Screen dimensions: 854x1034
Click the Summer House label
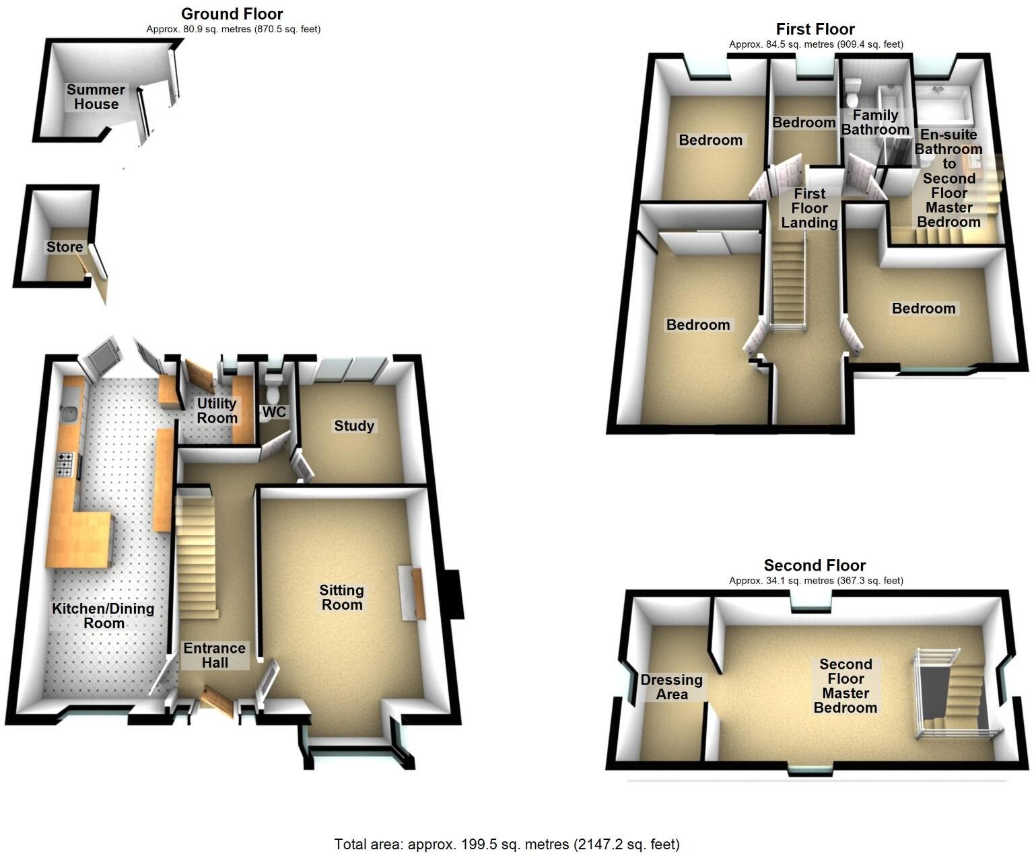point(96,97)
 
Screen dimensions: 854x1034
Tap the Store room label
point(65,247)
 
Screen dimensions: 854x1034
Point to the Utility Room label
point(217,411)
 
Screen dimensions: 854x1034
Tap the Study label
point(354,426)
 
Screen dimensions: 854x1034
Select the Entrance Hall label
point(215,655)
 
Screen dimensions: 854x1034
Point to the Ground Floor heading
point(232,13)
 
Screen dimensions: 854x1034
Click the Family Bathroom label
point(875,122)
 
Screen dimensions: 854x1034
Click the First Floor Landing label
point(809,208)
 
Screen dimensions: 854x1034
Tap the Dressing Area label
point(671,687)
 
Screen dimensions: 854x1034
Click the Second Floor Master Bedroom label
point(846,686)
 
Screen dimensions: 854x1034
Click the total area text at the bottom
point(507,844)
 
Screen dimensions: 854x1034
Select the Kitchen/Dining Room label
point(104,616)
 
